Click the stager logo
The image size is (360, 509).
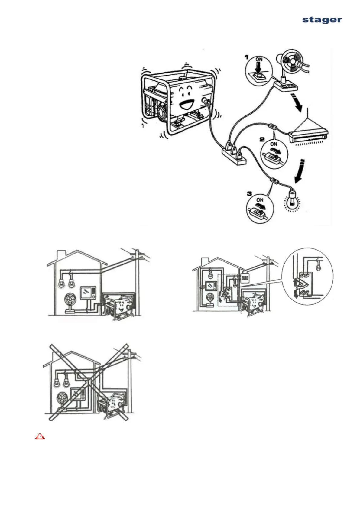click(322, 20)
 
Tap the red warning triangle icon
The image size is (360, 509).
click(40, 437)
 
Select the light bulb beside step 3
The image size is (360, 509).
click(292, 199)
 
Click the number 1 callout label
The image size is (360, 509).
click(247, 57)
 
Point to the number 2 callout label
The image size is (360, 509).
click(262, 139)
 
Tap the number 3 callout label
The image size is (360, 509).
click(249, 193)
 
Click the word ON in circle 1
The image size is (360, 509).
click(259, 60)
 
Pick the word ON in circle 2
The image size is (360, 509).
click(274, 144)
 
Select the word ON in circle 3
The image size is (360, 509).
click(260, 200)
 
